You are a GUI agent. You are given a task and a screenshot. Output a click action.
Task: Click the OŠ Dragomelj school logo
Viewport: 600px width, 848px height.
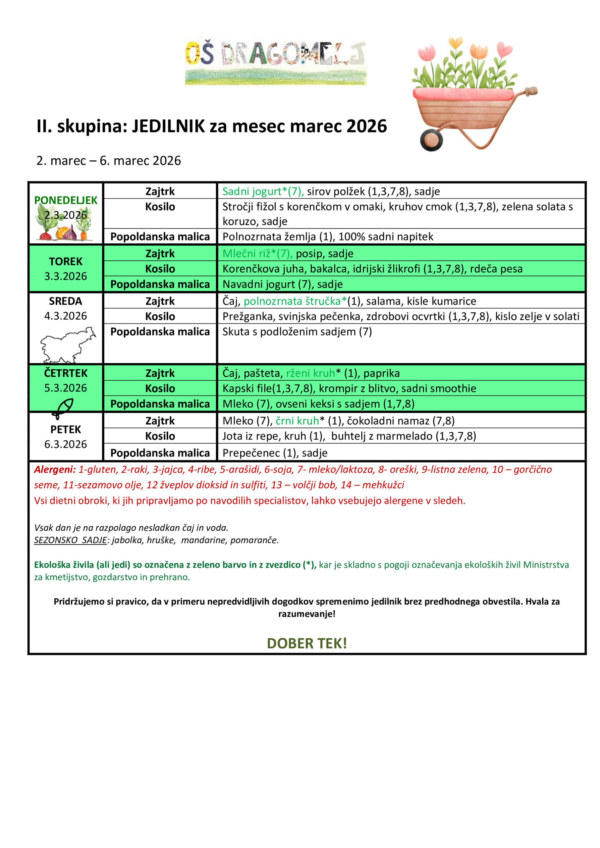click(x=275, y=62)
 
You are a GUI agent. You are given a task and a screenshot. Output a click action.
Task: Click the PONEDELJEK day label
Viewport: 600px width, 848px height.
click(x=66, y=200)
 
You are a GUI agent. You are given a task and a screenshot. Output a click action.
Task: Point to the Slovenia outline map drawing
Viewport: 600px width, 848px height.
click(x=67, y=344)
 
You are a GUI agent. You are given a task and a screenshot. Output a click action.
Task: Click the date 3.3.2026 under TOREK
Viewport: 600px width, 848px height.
click(x=66, y=276)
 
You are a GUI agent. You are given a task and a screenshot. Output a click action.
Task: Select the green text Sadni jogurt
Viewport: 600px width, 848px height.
click(x=252, y=191)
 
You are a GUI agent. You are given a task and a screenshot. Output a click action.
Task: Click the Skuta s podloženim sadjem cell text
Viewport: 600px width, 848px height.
click(x=297, y=332)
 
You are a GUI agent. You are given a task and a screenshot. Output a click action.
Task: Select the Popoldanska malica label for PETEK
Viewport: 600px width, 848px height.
click(x=160, y=453)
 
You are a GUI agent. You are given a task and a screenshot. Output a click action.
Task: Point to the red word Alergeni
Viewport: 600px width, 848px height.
click(x=55, y=470)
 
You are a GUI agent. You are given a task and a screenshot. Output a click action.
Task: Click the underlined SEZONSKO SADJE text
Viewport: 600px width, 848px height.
click(x=70, y=540)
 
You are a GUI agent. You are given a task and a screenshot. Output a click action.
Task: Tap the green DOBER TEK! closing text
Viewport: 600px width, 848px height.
click(x=307, y=643)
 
